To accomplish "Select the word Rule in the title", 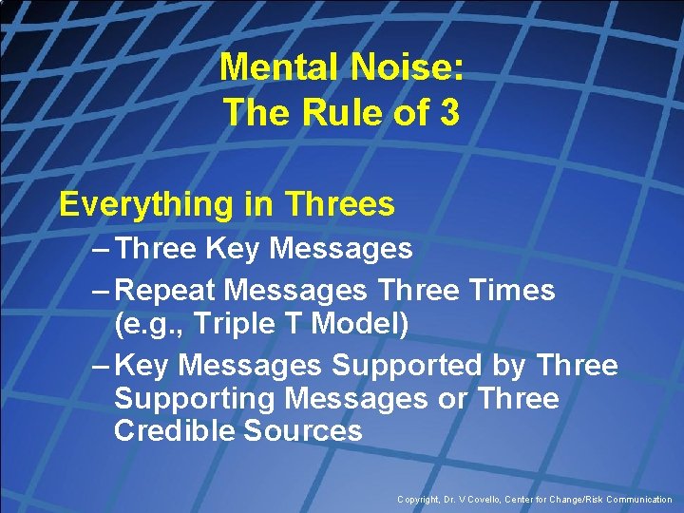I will pyautogui.click(x=343, y=113).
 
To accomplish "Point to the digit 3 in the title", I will pyautogui.click(x=449, y=113).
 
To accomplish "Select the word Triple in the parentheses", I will pyautogui.click(x=234, y=324).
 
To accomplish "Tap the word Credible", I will pyautogui.click(x=174, y=430).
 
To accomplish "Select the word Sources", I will pyautogui.click(x=303, y=430).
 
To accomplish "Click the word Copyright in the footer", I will pyautogui.click(x=419, y=499).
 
